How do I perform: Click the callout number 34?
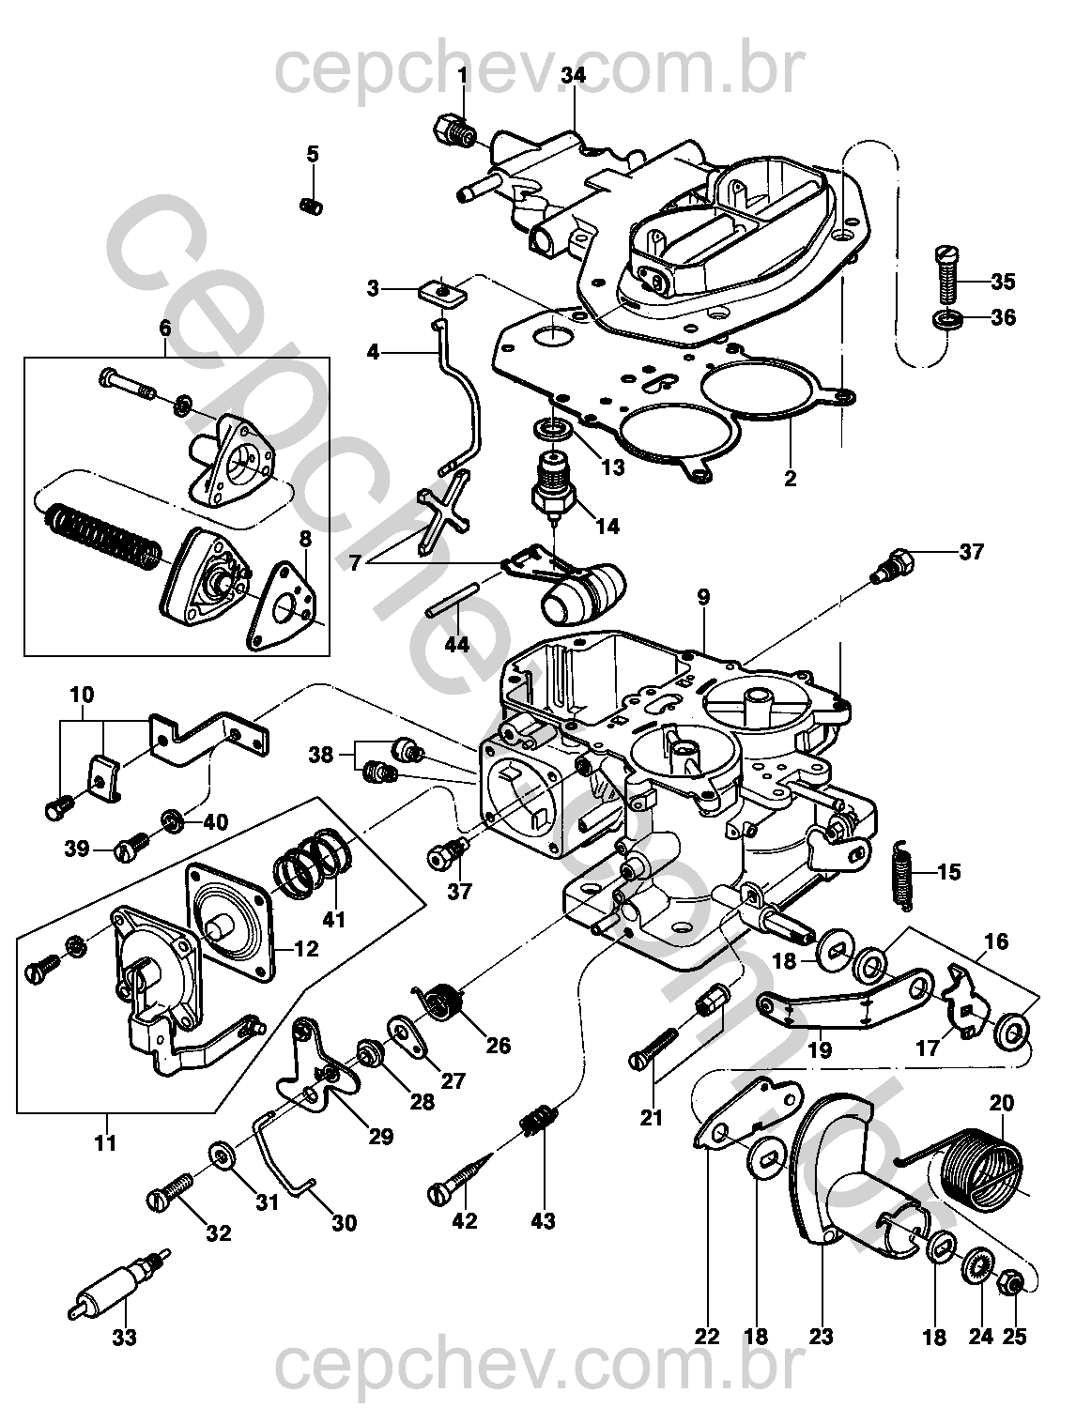coord(574,76)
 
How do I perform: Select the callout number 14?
coord(608,526)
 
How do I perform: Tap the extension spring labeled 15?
coord(901,873)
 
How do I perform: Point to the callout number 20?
coord(1002,1104)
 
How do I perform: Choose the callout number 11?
coord(106,1142)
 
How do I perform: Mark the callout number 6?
coord(165,328)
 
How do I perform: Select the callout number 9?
coord(703,596)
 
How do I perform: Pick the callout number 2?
coord(790,478)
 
